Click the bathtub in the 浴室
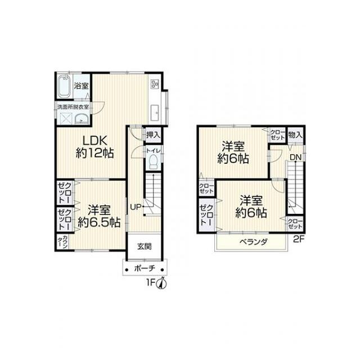tap(64, 86)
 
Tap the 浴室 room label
tap(81, 86)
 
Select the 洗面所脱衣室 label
tap(73, 107)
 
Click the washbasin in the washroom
tap(82, 119)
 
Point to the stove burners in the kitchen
tap(154, 84)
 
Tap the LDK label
tap(95, 140)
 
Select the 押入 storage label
tap(153, 135)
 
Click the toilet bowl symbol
tap(153, 161)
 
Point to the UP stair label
tap(136, 207)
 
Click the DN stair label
tap(295, 157)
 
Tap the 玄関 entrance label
tap(145, 246)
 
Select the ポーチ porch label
tap(145, 268)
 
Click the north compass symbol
tap(161, 283)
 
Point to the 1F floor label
tap(151, 283)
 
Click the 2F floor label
tap(299, 240)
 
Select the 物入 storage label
tap(295, 135)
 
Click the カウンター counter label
tap(62, 242)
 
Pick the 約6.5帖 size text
tap(99, 222)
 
